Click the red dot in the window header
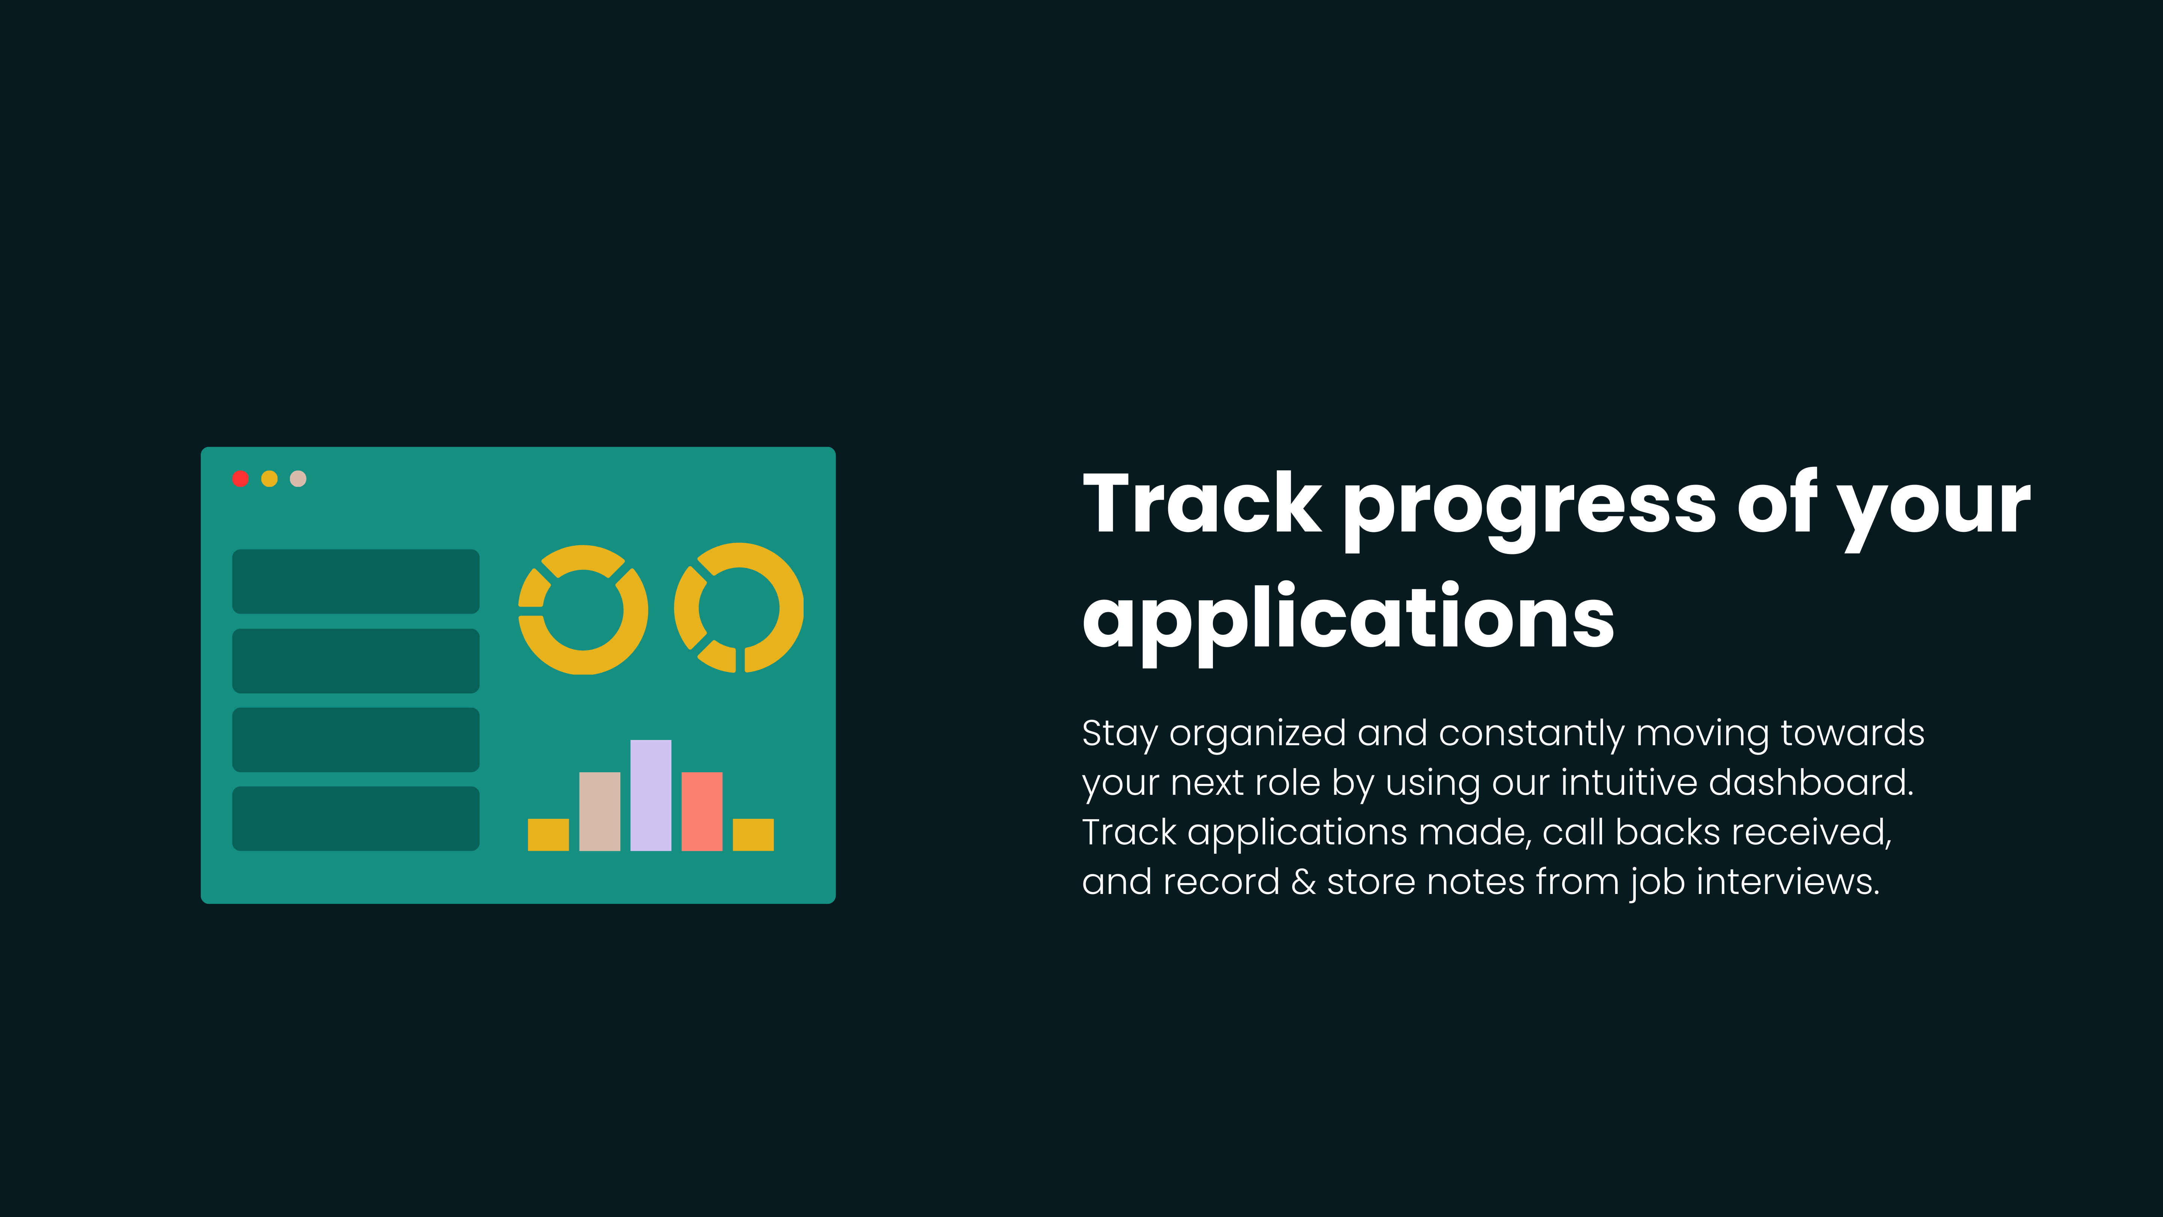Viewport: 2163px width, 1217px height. (x=240, y=479)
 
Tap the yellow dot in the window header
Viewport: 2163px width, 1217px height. (x=270, y=479)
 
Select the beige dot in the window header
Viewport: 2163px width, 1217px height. (x=298, y=479)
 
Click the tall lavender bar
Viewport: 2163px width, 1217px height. (x=651, y=796)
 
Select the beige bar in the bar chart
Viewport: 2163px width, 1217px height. (x=600, y=811)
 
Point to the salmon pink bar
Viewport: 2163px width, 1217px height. (x=702, y=811)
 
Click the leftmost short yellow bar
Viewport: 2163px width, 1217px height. (x=548, y=835)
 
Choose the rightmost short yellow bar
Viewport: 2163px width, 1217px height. (x=753, y=835)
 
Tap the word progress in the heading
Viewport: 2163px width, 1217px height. (x=1530, y=511)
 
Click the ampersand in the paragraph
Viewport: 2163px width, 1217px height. (x=1303, y=882)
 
